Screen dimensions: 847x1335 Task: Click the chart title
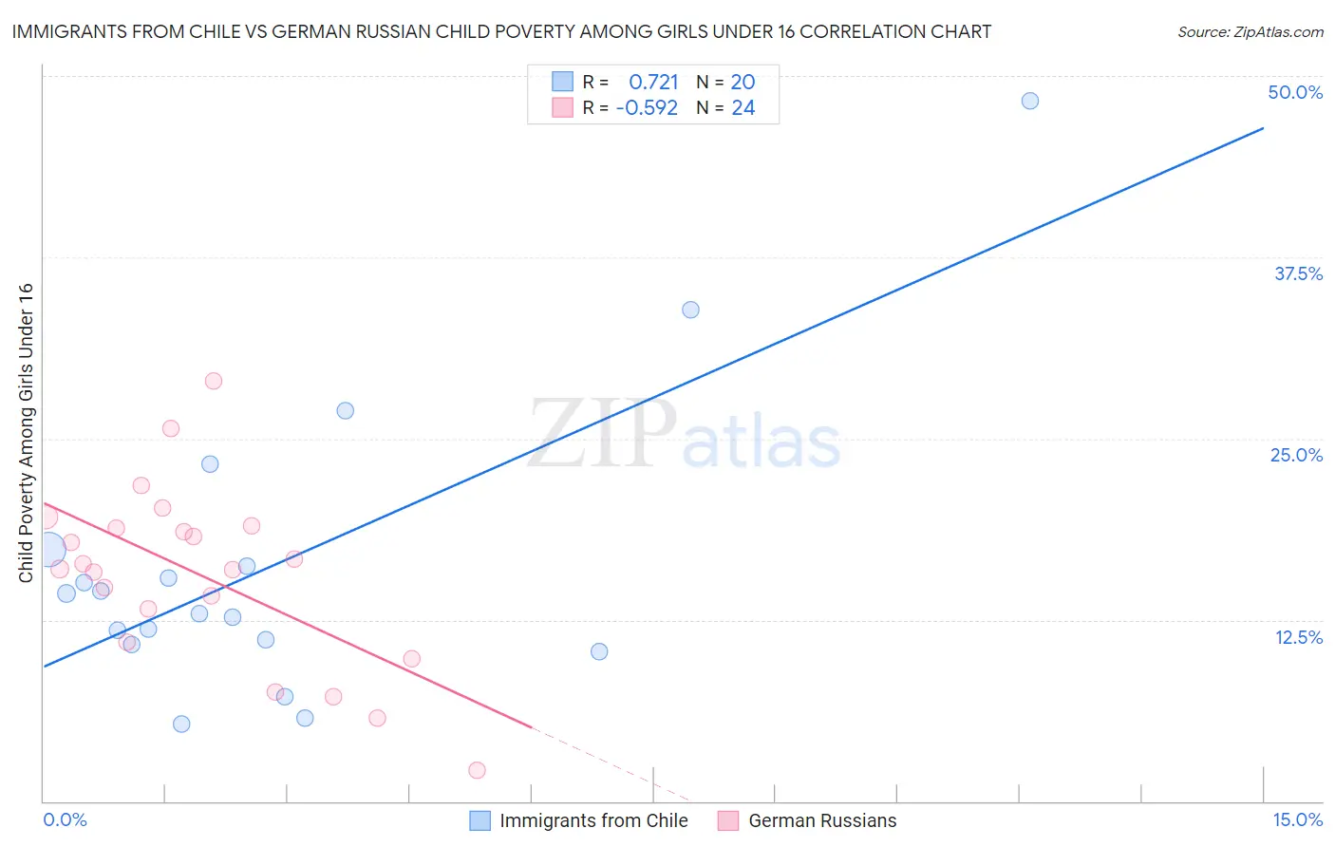(x=501, y=31)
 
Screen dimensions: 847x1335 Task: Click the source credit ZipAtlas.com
(x=1250, y=31)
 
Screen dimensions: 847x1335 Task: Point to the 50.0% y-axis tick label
(x=1295, y=92)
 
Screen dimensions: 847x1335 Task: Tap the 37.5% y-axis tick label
(x=1298, y=273)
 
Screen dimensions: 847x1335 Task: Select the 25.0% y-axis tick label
(x=1296, y=455)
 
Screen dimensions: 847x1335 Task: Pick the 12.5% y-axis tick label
(x=1298, y=637)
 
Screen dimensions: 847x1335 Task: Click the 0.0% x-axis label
(x=65, y=819)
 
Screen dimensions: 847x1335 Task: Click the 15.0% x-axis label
(x=1297, y=819)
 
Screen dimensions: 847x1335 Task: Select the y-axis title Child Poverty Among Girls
(x=26, y=433)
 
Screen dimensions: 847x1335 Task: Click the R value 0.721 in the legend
(x=653, y=83)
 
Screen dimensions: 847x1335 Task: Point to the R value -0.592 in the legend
(x=647, y=108)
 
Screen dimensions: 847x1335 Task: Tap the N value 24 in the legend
(x=743, y=108)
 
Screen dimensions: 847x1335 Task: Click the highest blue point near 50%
(x=1029, y=101)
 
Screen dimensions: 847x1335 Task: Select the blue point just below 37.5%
(x=690, y=310)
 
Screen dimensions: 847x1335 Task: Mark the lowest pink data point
(x=477, y=770)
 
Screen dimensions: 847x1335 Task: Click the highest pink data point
(x=214, y=381)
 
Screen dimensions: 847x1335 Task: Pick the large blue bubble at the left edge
(x=48, y=549)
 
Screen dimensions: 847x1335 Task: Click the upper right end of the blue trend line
(x=1263, y=127)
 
